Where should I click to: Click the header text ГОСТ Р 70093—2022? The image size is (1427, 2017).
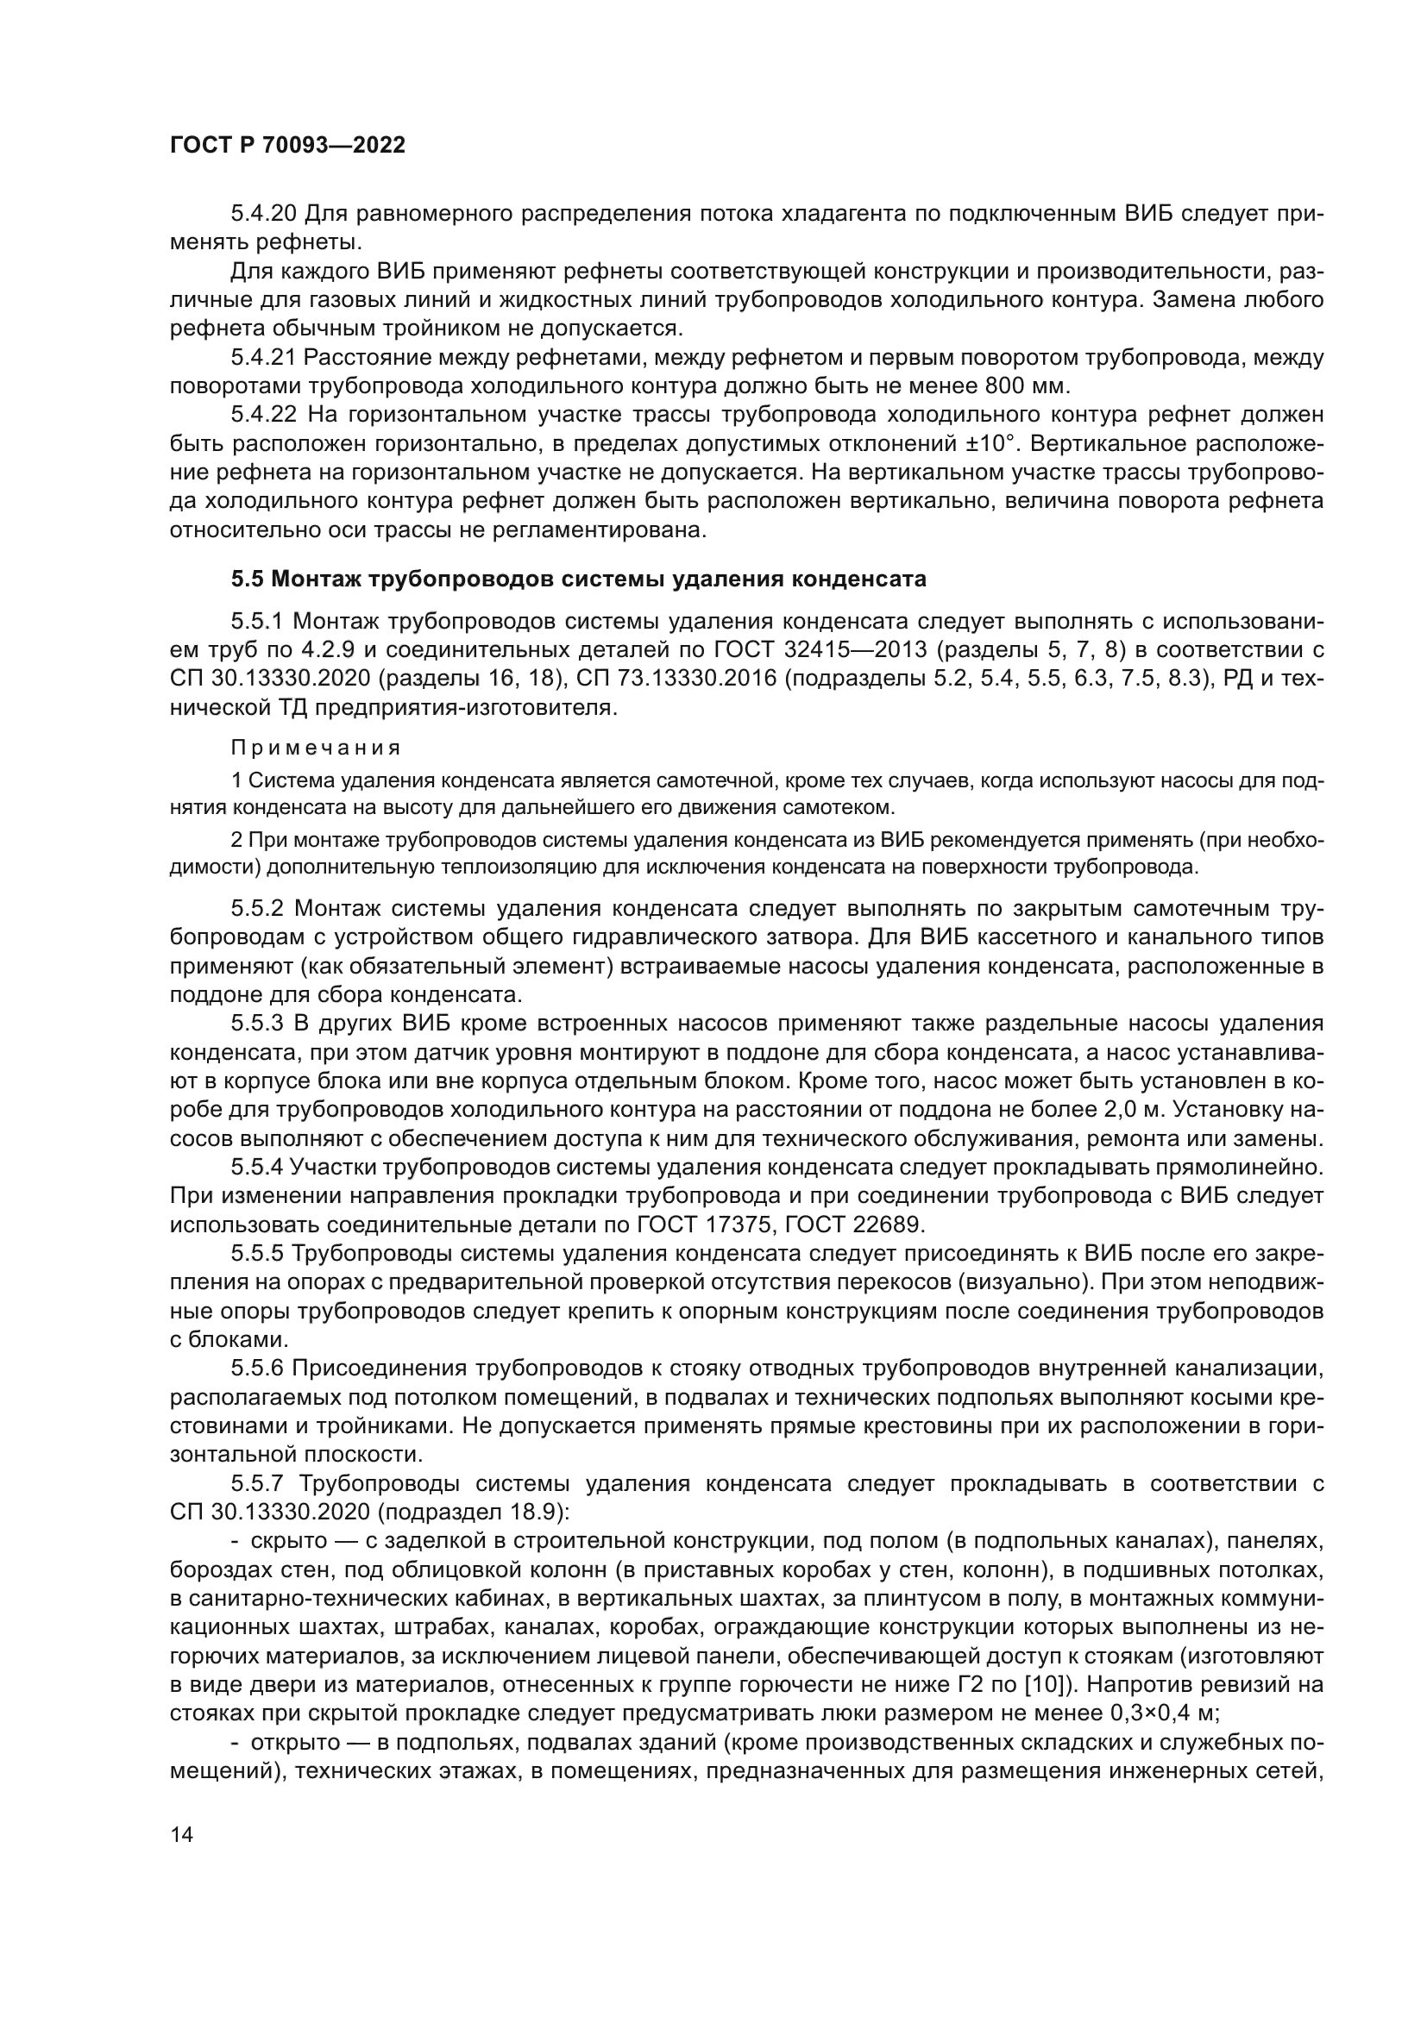click(x=287, y=146)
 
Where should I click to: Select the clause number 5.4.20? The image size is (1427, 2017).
click(x=264, y=214)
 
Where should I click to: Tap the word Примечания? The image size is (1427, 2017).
click(x=316, y=748)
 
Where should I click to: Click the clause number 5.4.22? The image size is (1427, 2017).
click(x=264, y=415)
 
